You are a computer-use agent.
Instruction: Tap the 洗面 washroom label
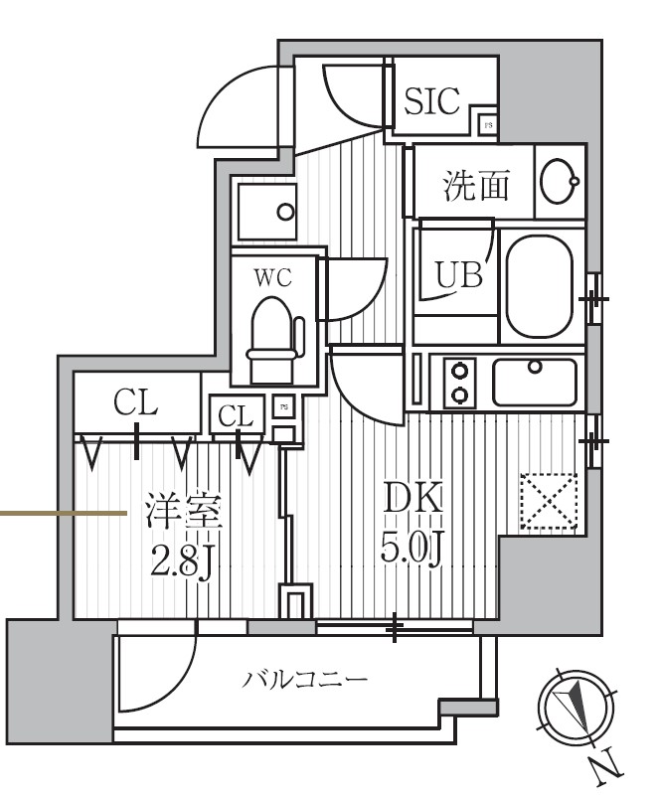(476, 184)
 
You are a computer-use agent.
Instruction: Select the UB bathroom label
(457, 273)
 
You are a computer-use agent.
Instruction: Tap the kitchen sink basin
(535, 382)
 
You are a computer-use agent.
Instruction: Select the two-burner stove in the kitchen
(459, 383)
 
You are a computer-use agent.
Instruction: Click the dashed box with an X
(549, 503)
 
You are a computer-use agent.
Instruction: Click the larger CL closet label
(136, 402)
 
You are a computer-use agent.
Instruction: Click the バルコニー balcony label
(305, 681)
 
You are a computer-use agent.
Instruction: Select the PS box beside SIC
(488, 125)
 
